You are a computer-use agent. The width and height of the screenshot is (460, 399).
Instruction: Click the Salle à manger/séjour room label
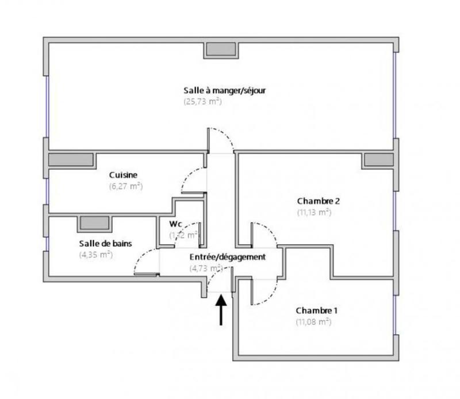[224, 91]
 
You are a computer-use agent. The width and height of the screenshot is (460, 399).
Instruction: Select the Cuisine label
[124, 175]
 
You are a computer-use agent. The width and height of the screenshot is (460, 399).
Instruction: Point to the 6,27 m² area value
[125, 186]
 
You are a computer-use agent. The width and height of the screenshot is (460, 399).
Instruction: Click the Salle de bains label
[105, 244]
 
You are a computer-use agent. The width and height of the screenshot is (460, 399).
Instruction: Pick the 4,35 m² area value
[95, 255]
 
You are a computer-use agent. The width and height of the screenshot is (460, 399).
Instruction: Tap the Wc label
[176, 224]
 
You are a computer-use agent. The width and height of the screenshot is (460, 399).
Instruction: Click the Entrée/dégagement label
[228, 257]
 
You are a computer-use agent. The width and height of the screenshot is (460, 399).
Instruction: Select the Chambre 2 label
[319, 201]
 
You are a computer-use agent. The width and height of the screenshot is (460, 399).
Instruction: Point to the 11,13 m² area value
[314, 212]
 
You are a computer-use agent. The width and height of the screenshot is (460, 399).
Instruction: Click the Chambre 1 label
[317, 311]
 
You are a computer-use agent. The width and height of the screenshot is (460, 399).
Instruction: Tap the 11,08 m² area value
[313, 322]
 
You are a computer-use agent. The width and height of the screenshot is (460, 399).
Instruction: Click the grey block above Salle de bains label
[94, 223]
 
